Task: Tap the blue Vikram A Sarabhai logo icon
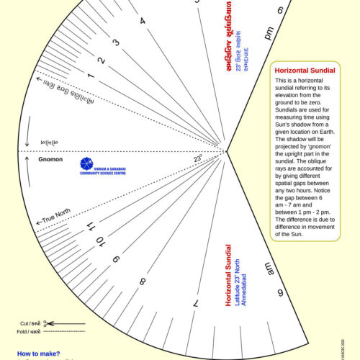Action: tap(86, 163)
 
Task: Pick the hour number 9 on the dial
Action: tap(116, 256)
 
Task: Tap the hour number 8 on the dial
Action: tap(143, 282)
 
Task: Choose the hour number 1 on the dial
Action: tap(90, 75)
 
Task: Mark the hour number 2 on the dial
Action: tap(102, 60)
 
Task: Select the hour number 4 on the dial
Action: tap(143, 21)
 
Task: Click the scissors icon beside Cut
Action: tap(45, 323)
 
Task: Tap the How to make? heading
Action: tap(38, 354)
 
